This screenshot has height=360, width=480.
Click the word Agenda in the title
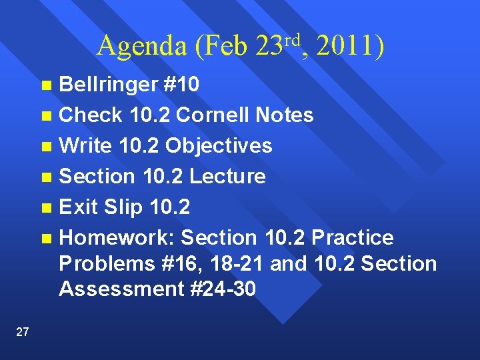coord(142,46)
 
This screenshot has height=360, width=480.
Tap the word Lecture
coord(228,176)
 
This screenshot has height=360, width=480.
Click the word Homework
coord(117,237)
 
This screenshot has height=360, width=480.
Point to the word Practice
coord(353,237)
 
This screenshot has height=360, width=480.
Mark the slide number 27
coord(22,332)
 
